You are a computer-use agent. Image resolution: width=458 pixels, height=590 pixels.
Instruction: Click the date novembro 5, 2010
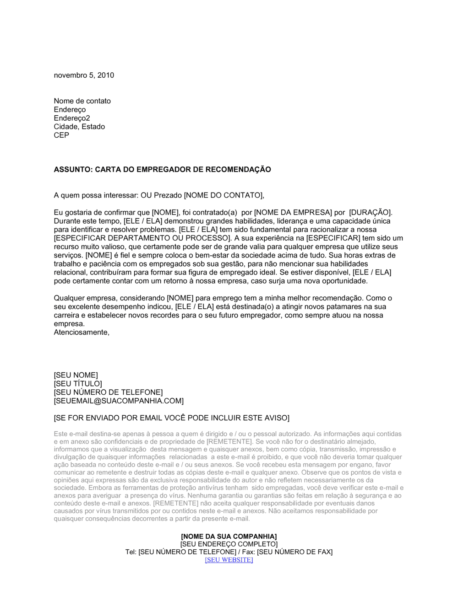(84, 75)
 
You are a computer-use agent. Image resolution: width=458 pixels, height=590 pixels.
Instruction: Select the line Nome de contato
(82, 101)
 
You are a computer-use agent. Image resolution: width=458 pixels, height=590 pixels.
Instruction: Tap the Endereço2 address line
(72, 118)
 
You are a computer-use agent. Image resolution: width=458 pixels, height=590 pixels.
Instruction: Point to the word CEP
(61, 135)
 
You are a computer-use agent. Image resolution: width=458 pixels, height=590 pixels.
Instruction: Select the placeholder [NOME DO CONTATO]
(224, 195)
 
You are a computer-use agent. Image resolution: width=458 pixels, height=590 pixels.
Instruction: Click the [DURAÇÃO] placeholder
(371, 213)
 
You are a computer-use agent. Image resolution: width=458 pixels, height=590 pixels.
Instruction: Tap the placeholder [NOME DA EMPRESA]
(293, 213)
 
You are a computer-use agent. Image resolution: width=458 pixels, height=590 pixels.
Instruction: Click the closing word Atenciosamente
(82, 333)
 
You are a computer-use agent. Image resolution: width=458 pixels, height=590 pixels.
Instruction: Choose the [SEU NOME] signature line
(76, 375)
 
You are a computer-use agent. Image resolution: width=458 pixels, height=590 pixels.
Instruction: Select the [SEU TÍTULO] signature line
(78, 384)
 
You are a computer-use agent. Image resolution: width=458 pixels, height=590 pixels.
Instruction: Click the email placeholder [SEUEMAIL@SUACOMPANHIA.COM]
(119, 401)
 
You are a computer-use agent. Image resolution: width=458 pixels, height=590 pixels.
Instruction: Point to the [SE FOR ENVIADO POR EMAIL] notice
(171, 418)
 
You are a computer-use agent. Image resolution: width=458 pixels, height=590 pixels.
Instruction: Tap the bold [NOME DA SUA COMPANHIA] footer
(229, 536)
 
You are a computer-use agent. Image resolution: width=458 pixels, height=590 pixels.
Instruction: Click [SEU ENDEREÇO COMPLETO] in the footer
(229, 544)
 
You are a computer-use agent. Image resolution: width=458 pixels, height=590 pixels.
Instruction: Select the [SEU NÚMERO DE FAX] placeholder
(294, 552)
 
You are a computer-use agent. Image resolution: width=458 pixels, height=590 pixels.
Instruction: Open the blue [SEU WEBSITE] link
(229, 560)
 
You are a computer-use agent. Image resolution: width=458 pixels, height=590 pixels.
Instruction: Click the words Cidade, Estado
(79, 127)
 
